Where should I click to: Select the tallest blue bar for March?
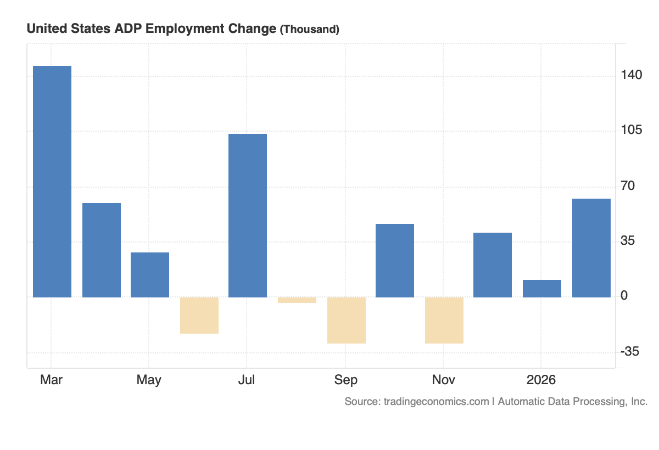tap(52, 181)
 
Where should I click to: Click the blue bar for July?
tap(248, 215)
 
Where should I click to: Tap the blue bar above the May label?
tap(150, 275)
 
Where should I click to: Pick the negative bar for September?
tap(346, 320)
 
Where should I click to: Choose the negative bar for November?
tap(444, 320)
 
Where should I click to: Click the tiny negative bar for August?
tap(297, 300)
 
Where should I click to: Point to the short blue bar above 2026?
tap(542, 289)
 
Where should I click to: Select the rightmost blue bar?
tap(591, 248)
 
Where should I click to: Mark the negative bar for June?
tap(199, 316)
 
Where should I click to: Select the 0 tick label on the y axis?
tap(624, 296)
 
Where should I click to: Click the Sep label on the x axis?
tap(345, 380)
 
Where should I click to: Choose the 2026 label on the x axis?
tap(541, 380)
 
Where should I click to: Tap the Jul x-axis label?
tap(247, 380)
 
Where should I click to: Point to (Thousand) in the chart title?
tap(310, 30)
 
